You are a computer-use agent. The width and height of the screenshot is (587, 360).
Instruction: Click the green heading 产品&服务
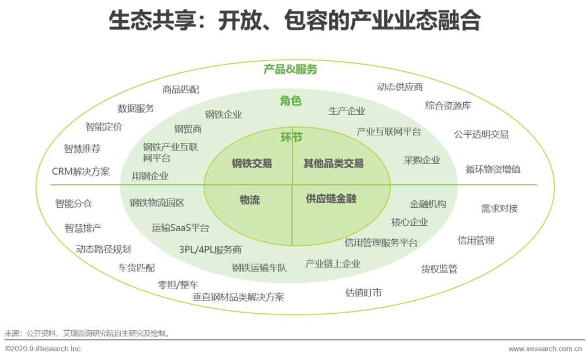290,70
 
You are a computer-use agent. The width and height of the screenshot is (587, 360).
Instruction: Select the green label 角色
291,101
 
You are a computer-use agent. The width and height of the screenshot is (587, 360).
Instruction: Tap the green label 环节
291,137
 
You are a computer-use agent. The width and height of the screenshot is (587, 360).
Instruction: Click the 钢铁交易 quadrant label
252,163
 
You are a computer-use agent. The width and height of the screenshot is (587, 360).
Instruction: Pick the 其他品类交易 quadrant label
333,163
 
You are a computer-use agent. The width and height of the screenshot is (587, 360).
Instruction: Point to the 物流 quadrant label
249,200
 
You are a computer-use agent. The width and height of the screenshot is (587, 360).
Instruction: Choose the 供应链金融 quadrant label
331,199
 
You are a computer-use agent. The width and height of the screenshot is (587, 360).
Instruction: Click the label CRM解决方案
80,171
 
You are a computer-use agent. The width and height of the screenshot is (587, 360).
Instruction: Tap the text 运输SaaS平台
180,228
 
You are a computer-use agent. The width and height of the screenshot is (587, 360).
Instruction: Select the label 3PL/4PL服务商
210,250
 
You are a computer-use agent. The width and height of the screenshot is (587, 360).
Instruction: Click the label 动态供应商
400,86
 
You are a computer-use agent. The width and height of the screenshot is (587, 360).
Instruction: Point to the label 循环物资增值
493,169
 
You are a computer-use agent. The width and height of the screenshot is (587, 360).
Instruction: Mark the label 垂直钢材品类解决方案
238,297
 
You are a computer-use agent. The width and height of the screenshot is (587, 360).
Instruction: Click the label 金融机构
428,204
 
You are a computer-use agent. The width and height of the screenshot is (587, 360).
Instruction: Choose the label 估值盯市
364,293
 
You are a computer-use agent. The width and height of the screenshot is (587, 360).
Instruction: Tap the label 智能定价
104,127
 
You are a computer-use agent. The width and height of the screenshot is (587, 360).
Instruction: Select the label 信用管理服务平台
381,243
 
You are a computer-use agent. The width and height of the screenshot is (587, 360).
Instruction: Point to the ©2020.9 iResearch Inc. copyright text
43,349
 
